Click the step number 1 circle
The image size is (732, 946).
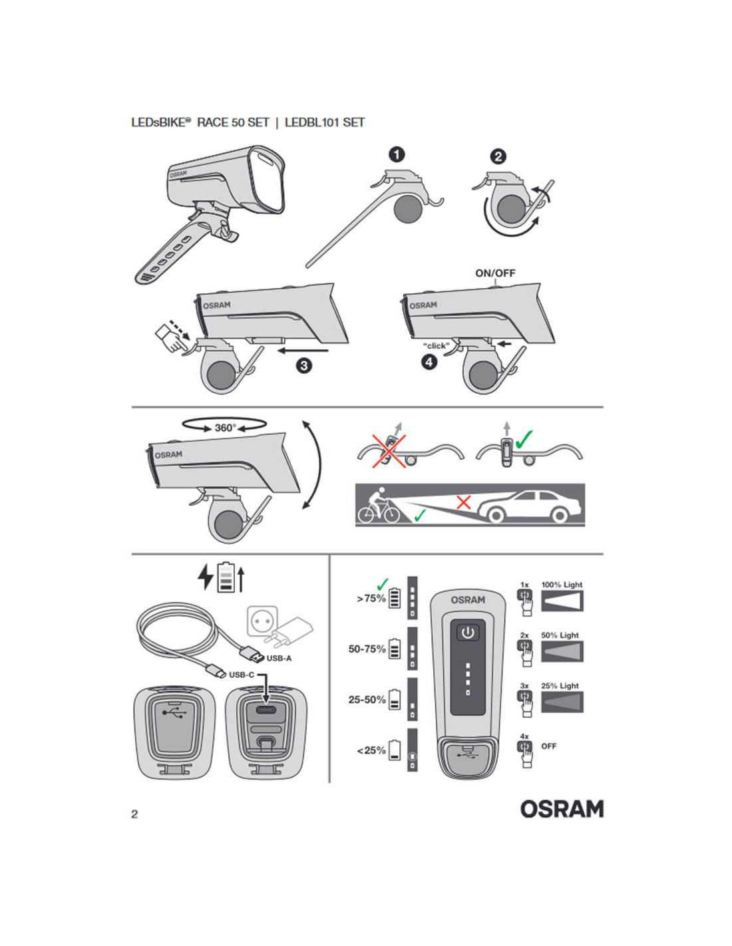tap(397, 154)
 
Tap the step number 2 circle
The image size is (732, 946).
tap(498, 156)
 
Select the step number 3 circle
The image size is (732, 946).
tap(304, 365)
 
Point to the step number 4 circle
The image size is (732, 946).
tap(429, 362)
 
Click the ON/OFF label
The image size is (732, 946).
tap(495, 273)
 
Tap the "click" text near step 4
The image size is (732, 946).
tap(437, 346)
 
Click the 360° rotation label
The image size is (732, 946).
tap(225, 428)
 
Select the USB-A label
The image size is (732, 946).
tap(279, 659)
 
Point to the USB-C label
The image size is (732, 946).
tap(242, 675)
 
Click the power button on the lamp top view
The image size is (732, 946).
tap(468, 632)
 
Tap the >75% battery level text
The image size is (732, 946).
tap(371, 599)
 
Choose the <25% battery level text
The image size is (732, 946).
tap(371, 750)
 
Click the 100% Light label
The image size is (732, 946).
tap(562, 585)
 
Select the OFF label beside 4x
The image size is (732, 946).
tap(548, 746)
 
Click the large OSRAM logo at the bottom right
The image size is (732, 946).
tap(562, 809)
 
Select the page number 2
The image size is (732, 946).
tap(134, 814)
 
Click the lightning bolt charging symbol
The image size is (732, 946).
tap(206, 577)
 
